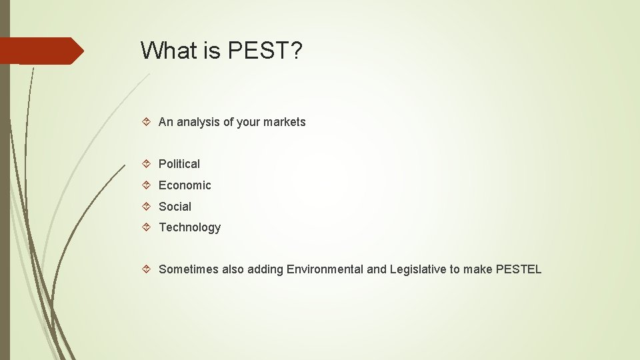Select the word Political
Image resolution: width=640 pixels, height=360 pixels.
[179, 164]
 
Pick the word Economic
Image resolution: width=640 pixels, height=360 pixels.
[185, 185]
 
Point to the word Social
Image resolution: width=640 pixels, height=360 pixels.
[175, 207]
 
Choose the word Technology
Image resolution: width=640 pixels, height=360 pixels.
[189, 227]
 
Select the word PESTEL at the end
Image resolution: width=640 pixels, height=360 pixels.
[519, 269]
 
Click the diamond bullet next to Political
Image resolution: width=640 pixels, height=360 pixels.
[147, 164]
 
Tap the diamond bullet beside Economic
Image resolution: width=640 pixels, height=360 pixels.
[147, 185]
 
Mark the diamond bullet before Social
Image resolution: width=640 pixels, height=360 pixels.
[147, 207]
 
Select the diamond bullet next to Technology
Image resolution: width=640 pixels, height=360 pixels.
[147, 227]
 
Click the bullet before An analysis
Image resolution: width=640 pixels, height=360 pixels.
[147, 122]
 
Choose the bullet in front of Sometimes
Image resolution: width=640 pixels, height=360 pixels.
[147, 269]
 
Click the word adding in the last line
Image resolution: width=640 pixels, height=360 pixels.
[265, 269]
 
